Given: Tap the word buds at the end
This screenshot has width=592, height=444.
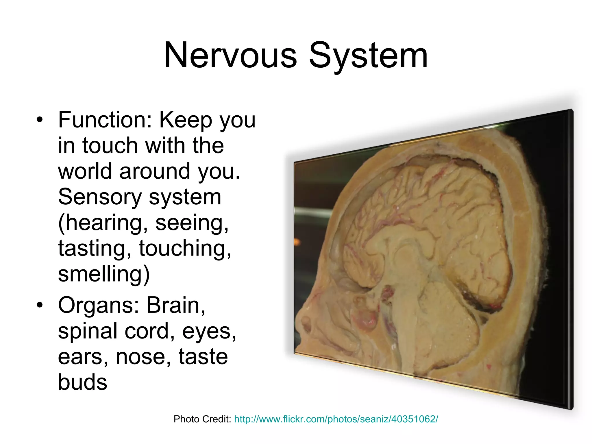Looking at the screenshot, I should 83,382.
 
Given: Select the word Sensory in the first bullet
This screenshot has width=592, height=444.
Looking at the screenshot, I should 100,197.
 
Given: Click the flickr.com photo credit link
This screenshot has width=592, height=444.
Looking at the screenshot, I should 336,419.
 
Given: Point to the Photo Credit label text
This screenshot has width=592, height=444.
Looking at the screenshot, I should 202,419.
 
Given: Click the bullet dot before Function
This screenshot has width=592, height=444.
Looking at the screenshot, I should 40,120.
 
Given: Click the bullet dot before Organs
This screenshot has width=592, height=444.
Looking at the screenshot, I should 40,305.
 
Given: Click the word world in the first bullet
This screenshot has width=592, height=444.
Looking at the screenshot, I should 85,171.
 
